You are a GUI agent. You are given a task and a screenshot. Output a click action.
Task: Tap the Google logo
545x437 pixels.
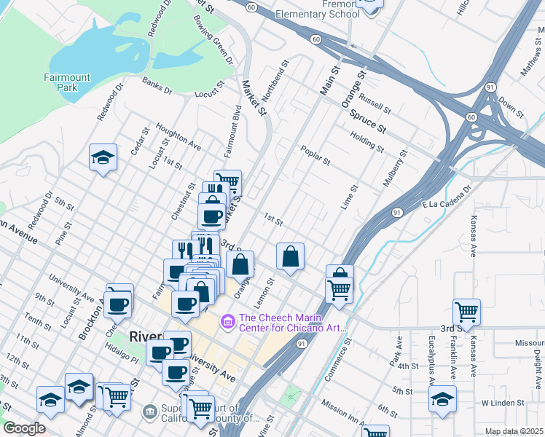(24, 428)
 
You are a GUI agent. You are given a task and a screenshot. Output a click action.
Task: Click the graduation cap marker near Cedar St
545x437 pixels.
(103, 157)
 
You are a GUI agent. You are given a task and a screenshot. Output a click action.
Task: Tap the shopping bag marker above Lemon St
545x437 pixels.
(290, 256)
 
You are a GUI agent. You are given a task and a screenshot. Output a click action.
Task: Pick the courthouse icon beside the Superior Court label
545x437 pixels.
(151, 412)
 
